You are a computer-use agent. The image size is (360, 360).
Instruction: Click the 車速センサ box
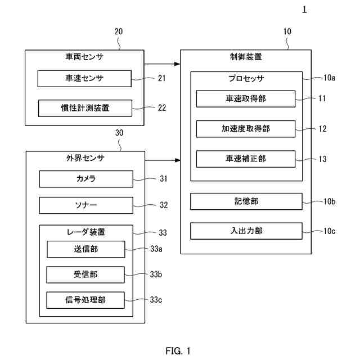tap(84, 78)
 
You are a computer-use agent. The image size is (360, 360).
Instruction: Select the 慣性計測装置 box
tap(84, 108)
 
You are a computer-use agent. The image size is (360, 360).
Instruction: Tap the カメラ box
tap(86, 179)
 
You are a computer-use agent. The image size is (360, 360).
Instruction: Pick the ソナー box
tap(86, 205)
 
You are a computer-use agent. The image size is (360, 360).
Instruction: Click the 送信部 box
tap(85, 249)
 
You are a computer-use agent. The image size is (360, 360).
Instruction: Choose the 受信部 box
tap(85, 274)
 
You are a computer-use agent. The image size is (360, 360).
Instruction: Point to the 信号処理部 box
tap(85, 300)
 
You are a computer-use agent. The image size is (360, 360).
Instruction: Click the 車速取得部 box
tap(246, 98)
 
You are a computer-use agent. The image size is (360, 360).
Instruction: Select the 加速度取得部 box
tap(246, 129)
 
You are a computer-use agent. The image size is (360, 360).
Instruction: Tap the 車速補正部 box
tap(246, 159)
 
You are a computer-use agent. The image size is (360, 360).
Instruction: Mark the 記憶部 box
tap(246, 201)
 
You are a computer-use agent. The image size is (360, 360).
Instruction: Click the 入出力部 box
tap(246, 231)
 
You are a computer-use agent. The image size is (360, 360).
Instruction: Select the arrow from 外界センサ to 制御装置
tap(162, 160)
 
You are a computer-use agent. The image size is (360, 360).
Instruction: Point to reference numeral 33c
tap(156, 300)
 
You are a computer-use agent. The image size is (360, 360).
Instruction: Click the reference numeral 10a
tap(329, 78)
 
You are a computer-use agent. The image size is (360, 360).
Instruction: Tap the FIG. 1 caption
tap(178, 351)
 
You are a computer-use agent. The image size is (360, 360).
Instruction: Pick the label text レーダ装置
tap(86, 231)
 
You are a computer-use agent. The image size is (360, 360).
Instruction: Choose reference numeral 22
tap(162, 108)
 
